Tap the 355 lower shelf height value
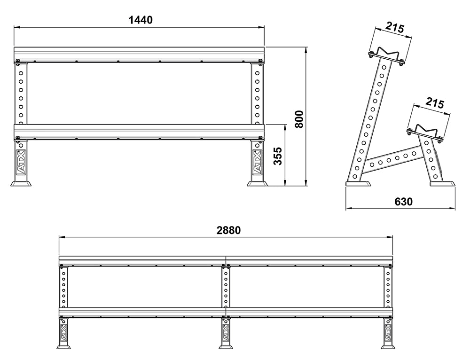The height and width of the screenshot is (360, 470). [x=278, y=156]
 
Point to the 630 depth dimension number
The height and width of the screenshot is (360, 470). [x=403, y=202]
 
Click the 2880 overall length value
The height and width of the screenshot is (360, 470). [x=228, y=230]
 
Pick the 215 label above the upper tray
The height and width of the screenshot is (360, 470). [x=395, y=28]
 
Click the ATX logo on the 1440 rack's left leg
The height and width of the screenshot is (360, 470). [x=21, y=162]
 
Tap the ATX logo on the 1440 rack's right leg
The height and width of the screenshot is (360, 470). [x=257, y=162]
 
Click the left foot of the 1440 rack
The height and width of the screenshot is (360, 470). [x=21, y=182]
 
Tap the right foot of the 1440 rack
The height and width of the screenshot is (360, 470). [x=257, y=182]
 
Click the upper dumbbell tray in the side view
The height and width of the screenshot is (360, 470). [x=386, y=54]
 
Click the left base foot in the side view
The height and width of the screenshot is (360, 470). [x=358, y=183]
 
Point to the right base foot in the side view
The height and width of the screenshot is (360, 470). [x=442, y=183]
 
